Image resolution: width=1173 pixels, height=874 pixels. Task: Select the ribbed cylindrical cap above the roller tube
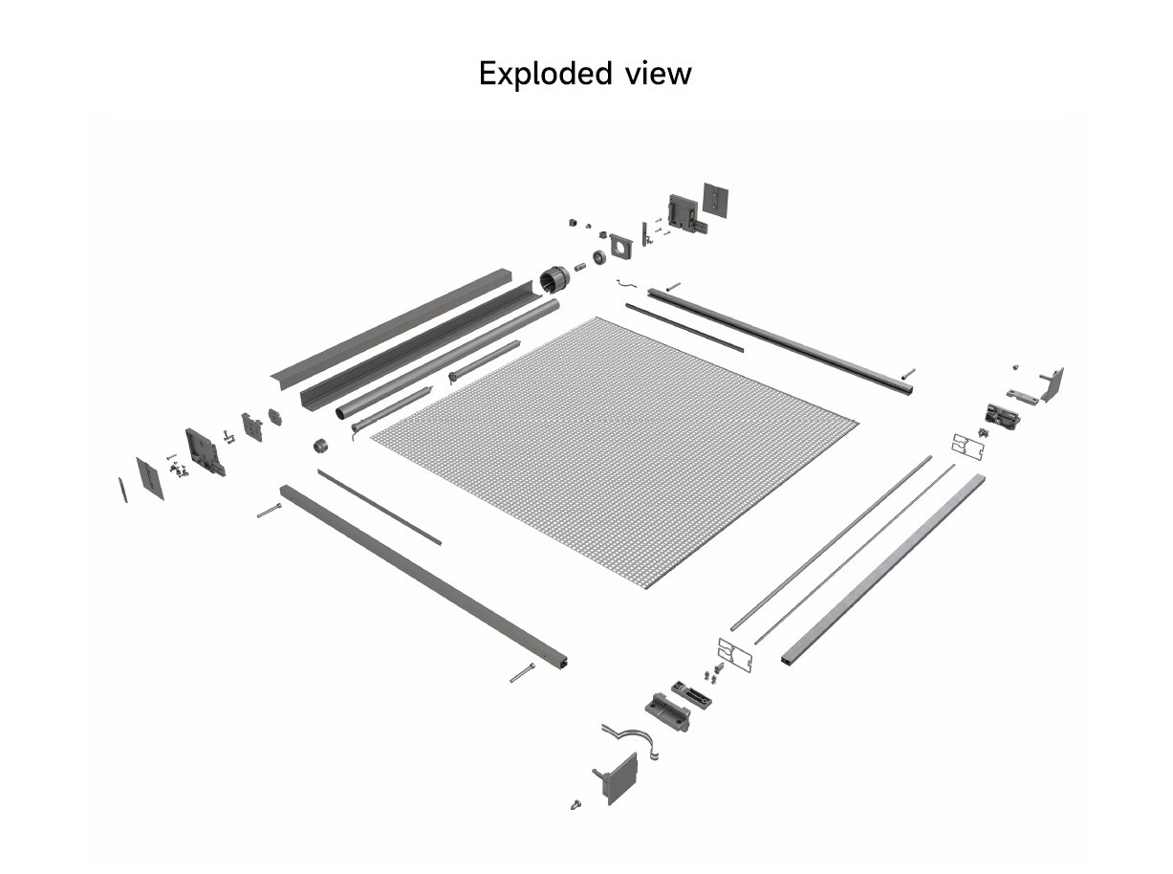tap(554, 279)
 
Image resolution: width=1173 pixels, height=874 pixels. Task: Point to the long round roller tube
tap(447, 359)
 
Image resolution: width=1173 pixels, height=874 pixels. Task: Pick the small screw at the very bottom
tap(576, 805)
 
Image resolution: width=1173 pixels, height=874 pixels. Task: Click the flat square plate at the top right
tap(716, 199)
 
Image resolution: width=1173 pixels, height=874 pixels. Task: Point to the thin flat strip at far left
tap(122, 489)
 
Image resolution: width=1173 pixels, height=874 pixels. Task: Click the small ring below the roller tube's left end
tap(321, 446)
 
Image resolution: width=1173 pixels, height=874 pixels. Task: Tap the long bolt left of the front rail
tap(269, 512)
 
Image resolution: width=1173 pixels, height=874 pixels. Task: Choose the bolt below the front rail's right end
tap(522, 673)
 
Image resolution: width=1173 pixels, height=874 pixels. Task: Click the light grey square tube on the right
tap(884, 569)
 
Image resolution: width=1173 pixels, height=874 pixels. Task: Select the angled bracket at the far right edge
tap(1052, 383)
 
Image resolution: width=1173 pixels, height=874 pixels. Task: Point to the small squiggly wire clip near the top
tap(626, 283)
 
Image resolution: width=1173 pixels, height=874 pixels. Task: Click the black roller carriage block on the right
tap(1001, 416)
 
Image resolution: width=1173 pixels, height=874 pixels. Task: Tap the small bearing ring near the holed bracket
tap(598, 257)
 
